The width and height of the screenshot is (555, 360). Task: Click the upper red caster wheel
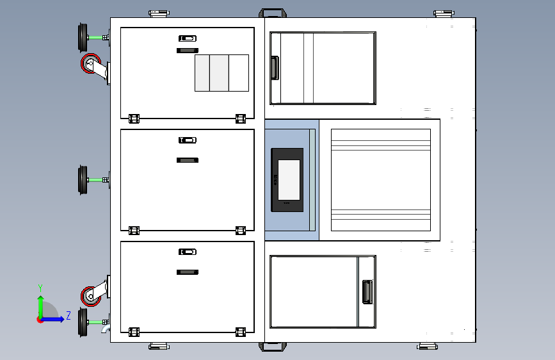click(91, 64)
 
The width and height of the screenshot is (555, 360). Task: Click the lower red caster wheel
click(91, 296)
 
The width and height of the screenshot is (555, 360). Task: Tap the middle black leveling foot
click(83, 180)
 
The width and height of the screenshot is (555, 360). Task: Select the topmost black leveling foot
click(83, 38)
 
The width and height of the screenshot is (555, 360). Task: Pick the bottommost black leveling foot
click(83, 322)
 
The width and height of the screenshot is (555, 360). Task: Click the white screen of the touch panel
click(289, 180)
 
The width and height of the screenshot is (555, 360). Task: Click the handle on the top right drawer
click(275, 68)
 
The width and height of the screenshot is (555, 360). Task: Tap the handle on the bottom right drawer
click(367, 292)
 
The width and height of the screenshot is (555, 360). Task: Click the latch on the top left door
click(188, 38)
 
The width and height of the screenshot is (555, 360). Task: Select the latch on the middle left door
click(188, 140)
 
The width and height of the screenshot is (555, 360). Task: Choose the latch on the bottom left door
click(188, 252)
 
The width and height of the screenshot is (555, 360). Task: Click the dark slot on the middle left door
click(188, 160)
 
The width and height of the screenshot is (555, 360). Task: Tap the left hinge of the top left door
click(134, 119)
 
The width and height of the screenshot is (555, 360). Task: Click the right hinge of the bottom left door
click(241, 332)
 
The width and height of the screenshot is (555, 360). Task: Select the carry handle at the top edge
click(273, 13)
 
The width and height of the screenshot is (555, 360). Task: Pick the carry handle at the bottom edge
click(273, 347)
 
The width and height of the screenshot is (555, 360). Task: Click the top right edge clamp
click(444, 13)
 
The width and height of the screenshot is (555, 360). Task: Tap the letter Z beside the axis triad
click(68, 315)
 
